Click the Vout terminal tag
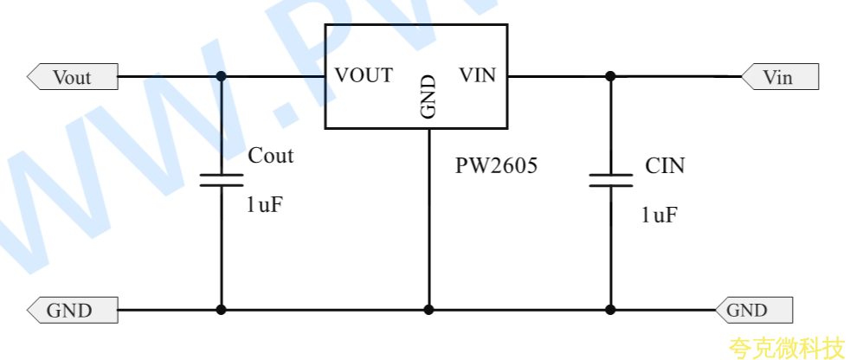pos(73,76)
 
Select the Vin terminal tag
pos(780,76)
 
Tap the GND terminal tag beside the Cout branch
pos(73,310)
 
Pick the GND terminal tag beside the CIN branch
pos(754,310)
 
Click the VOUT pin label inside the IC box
pos(364,75)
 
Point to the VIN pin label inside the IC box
pos(478,75)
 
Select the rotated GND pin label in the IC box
pos(428,97)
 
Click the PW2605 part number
pos(496,165)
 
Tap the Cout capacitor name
pos(271,156)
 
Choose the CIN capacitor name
pos(665,165)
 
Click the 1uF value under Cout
pos(265,205)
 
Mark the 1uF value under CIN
pos(660,215)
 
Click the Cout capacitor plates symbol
pos(222,181)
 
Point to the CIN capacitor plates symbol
pos(610,181)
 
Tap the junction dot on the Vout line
pos(222,76)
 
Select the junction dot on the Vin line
pos(610,76)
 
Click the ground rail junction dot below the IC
pos(428,310)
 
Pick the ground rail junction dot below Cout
pos(222,310)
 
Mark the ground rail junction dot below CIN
pos(610,310)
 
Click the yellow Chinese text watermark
pos(787,348)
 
